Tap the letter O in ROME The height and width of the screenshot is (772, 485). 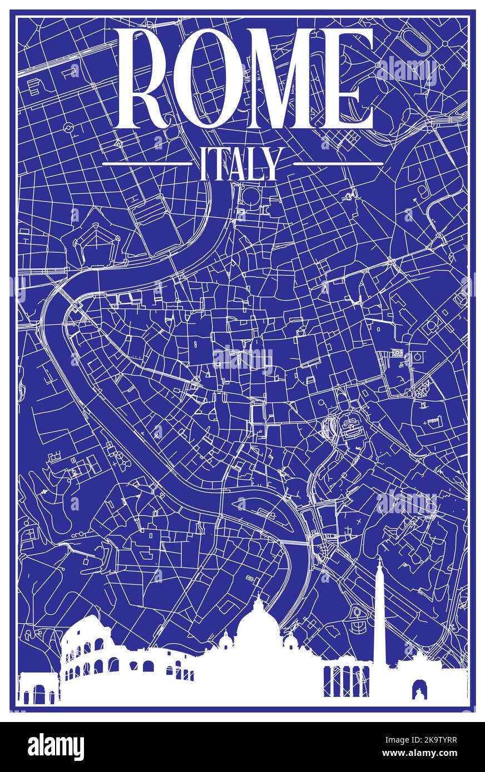[x=209, y=78]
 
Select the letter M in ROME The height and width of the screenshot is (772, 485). [x=281, y=78]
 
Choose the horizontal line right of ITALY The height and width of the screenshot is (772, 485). [x=338, y=164]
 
